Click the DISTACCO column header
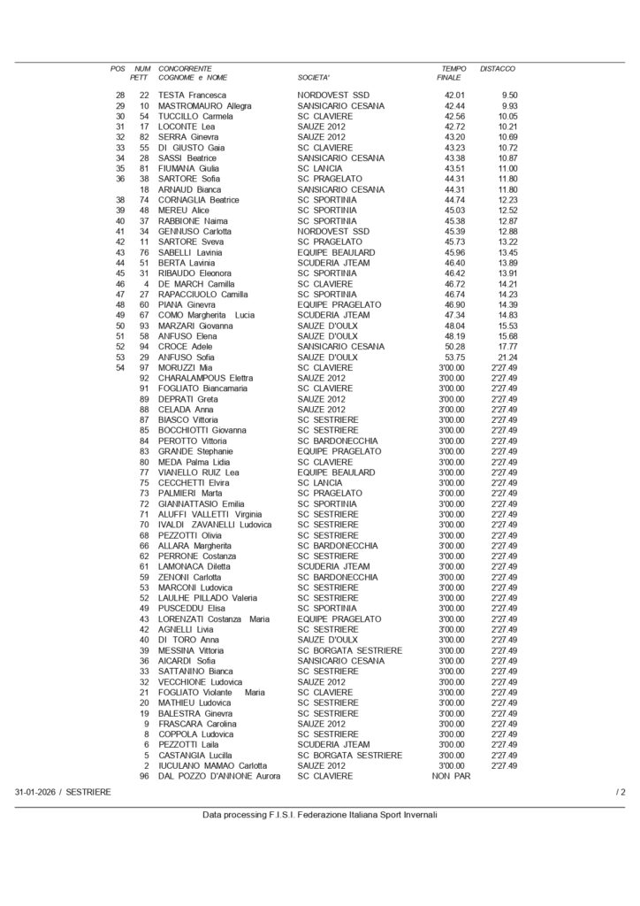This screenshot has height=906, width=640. click(497, 68)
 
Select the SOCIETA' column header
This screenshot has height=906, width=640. click(314, 78)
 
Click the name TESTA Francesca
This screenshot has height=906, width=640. click(193, 96)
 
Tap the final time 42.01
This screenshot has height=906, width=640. click(454, 96)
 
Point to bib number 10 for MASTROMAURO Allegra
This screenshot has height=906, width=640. click(144, 106)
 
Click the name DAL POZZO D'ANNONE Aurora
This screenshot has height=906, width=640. click(218, 776)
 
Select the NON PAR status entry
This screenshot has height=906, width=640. click(449, 776)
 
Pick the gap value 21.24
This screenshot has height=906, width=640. click(507, 357)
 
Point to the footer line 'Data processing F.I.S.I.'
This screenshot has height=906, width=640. click(319, 815)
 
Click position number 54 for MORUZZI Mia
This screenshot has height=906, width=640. click(120, 367)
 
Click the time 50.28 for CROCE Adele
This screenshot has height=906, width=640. click(454, 346)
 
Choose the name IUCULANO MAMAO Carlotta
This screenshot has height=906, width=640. click(212, 765)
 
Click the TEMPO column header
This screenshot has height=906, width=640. click(453, 68)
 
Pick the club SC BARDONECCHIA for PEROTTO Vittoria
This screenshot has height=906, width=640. click(339, 440)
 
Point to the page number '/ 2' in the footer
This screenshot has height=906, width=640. click(621, 791)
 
